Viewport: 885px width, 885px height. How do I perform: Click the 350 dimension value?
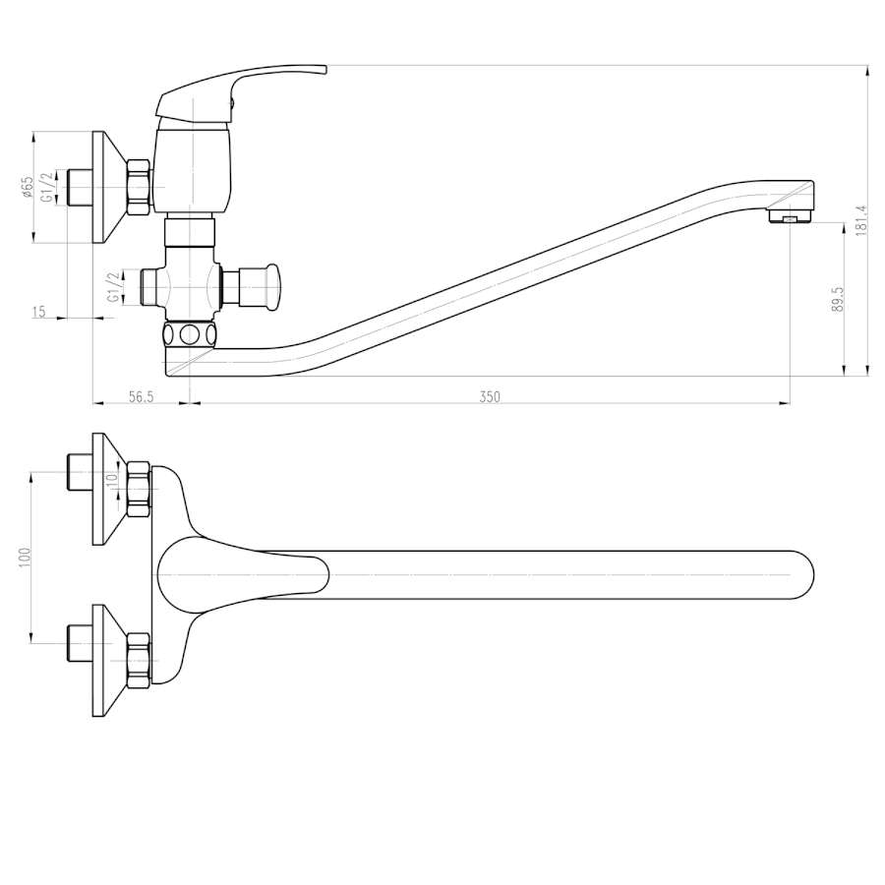(490, 397)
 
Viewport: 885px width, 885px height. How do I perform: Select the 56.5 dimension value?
(141, 397)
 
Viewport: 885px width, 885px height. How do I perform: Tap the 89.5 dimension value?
(838, 299)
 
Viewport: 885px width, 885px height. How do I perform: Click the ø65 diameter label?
(28, 187)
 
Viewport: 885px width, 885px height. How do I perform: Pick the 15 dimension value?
(39, 312)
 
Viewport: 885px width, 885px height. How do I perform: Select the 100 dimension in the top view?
(25, 558)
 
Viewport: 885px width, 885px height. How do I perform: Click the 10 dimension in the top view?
(112, 478)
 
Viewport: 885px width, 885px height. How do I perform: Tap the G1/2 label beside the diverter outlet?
(114, 287)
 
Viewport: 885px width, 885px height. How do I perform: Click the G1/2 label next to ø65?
(50, 187)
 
